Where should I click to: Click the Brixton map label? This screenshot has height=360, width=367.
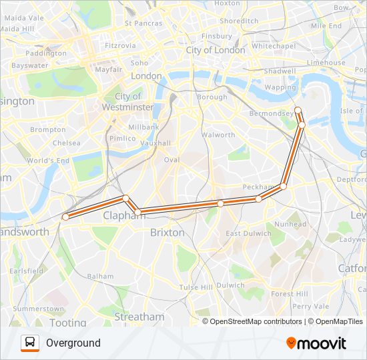(x=167, y=233)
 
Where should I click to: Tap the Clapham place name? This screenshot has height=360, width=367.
(x=120, y=215)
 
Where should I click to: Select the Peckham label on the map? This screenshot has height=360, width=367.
(x=259, y=187)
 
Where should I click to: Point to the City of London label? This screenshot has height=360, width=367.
(x=216, y=50)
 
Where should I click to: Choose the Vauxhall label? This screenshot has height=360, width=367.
(x=155, y=143)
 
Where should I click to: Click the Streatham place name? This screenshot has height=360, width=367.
(x=139, y=317)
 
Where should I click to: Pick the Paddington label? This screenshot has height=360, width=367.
(x=47, y=53)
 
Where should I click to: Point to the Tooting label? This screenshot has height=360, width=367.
(x=67, y=323)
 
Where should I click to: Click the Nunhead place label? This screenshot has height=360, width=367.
(x=290, y=225)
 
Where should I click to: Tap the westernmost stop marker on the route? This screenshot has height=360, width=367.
(x=65, y=217)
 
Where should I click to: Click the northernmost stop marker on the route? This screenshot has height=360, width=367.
(x=298, y=110)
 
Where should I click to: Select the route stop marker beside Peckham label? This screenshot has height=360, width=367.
(x=283, y=187)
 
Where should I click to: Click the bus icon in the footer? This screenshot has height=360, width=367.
(x=30, y=343)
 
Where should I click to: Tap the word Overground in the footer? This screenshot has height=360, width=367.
(x=73, y=343)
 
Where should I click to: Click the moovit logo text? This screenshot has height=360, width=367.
(x=322, y=343)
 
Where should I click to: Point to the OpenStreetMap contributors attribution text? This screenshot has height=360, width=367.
(x=256, y=321)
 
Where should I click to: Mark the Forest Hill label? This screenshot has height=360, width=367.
(x=289, y=294)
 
